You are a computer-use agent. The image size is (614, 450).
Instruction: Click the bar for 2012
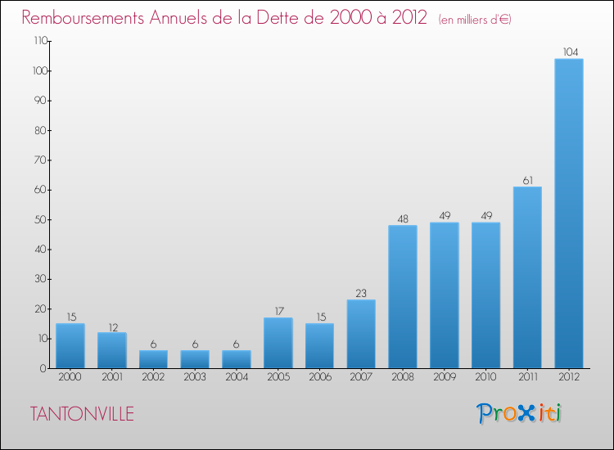[x=568, y=213]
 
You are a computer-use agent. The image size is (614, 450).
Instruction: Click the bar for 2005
[x=278, y=343]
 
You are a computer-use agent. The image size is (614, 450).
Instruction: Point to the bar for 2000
[x=70, y=345]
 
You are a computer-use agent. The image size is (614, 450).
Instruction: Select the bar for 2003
[x=195, y=359]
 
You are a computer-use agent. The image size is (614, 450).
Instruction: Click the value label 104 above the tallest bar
[x=568, y=52]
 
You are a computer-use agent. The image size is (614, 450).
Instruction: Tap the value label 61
[x=527, y=181]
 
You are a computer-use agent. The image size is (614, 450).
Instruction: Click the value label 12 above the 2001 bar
[x=112, y=326]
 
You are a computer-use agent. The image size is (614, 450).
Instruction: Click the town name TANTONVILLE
[x=82, y=414]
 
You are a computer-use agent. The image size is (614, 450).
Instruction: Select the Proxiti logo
[x=520, y=413]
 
